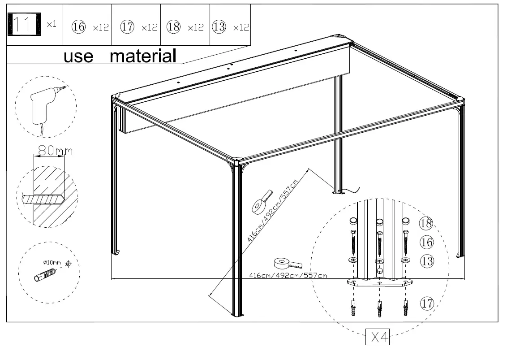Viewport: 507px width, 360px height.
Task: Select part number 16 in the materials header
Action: (78, 27)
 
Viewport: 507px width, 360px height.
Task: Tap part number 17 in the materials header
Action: (127, 27)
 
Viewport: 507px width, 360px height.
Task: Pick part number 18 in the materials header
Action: (173, 27)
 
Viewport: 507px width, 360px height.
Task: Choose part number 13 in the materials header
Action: (219, 27)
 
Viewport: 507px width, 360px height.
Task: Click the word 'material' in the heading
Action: (143, 56)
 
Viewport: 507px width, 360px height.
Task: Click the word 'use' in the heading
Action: (78, 57)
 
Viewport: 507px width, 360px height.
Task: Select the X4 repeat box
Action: (378, 337)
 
